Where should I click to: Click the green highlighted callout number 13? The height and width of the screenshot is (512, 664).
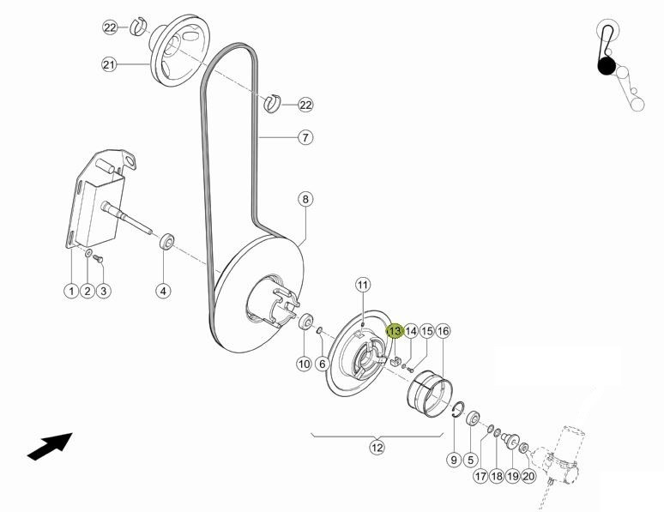pos(395,331)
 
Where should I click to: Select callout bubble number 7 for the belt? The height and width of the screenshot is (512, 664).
pos(305,137)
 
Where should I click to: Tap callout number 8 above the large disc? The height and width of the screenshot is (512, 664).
pos(305,199)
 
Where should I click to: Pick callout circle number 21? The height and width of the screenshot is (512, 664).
pos(109,65)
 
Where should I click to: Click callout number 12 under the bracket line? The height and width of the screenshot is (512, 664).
pos(377,447)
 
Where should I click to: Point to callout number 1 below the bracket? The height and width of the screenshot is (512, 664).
pos(71,291)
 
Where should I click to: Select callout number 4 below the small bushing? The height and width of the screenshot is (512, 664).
pos(164,291)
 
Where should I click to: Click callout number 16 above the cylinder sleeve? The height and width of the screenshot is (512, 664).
pos(443,331)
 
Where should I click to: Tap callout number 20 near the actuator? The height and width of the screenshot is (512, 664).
pos(528,476)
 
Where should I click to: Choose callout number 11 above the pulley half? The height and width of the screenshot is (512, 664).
pos(363,285)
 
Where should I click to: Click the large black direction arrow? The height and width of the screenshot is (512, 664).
pos(50,446)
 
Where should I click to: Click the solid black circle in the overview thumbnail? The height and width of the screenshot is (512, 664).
pos(607,67)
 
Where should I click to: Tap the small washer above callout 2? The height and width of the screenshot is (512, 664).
pos(88,254)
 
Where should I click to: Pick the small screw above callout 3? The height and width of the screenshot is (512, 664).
pos(99,258)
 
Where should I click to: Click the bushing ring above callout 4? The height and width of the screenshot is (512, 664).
pos(166,242)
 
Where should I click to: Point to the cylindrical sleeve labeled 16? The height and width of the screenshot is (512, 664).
pos(430,393)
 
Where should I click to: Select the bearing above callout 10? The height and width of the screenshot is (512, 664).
pos(305,321)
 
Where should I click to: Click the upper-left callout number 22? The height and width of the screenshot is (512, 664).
pos(110,28)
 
